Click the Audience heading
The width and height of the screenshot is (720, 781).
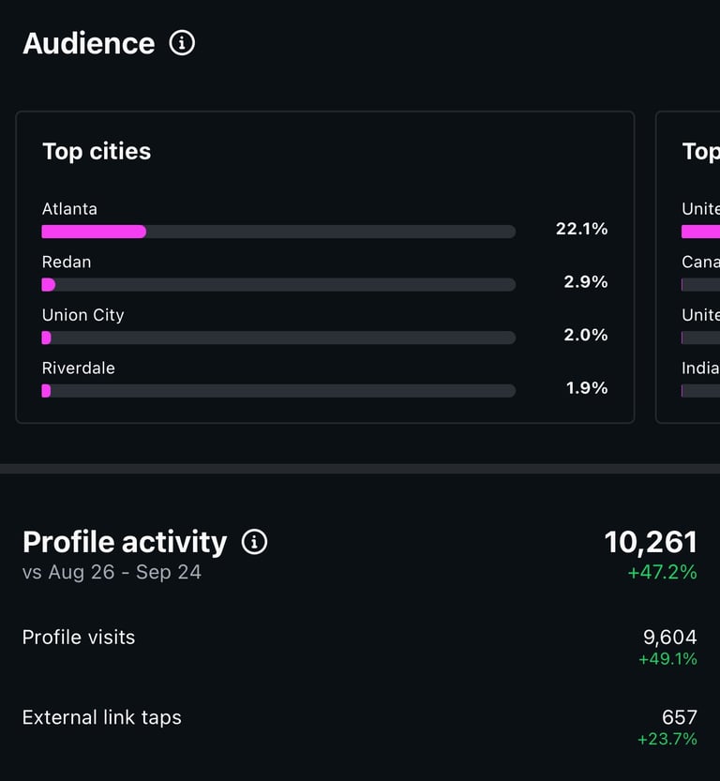(89, 43)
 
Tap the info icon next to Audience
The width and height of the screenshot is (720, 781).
(182, 42)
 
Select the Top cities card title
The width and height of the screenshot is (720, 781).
(97, 151)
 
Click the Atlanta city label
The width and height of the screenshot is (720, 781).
(69, 209)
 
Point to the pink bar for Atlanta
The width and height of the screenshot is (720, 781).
(94, 232)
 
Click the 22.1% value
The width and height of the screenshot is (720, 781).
(581, 228)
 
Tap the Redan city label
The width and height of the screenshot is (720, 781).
(67, 262)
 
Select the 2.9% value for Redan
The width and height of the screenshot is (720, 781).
(585, 281)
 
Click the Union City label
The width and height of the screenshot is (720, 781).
(82, 315)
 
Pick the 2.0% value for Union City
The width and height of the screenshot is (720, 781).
(585, 335)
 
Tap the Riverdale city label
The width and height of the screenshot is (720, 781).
(79, 368)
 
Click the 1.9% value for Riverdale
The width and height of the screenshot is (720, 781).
(586, 387)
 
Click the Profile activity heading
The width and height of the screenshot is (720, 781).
(125, 542)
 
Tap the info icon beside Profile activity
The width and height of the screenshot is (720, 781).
(254, 542)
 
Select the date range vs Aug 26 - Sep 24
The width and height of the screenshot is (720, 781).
(112, 572)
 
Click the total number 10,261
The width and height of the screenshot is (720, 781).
(651, 542)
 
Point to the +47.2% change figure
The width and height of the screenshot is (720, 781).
(663, 572)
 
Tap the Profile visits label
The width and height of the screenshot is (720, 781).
(79, 638)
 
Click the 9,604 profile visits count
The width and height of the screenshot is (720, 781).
(669, 638)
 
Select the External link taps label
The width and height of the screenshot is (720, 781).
(102, 718)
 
